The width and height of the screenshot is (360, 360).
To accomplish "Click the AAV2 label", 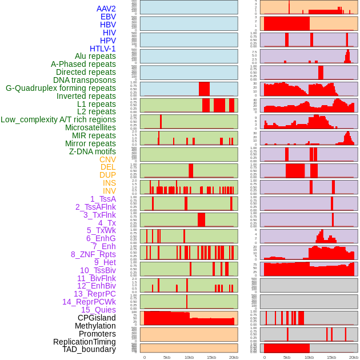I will tap(106, 9).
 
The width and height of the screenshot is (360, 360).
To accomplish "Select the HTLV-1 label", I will tap(103, 49).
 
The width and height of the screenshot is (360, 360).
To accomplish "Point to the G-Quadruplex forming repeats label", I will tap(61, 88).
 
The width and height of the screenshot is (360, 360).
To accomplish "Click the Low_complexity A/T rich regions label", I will tap(58, 119).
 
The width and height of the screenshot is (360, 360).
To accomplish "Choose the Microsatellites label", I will tap(90, 127).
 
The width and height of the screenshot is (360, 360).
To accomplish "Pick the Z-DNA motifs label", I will tap(93, 151).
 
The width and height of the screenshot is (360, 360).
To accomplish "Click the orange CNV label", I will tap(107, 159).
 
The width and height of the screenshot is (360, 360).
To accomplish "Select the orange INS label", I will tap(109, 183).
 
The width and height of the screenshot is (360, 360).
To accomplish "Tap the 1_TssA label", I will tap(103, 199).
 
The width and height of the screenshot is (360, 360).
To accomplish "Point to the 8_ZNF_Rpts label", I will tap(93, 254).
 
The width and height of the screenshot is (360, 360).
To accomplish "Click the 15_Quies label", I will tap(98, 310).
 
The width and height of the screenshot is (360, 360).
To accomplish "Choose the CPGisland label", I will tap(97, 318).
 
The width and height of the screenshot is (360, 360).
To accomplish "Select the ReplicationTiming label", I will tap(85, 342).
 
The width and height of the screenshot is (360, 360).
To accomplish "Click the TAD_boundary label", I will tap(89, 349).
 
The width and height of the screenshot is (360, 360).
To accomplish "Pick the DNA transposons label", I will tap(85, 80).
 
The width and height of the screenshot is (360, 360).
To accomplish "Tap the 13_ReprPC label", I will tap(94, 294).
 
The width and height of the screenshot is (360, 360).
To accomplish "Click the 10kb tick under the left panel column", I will tap(189, 357).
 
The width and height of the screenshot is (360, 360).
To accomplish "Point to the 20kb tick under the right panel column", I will tap(354, 357).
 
